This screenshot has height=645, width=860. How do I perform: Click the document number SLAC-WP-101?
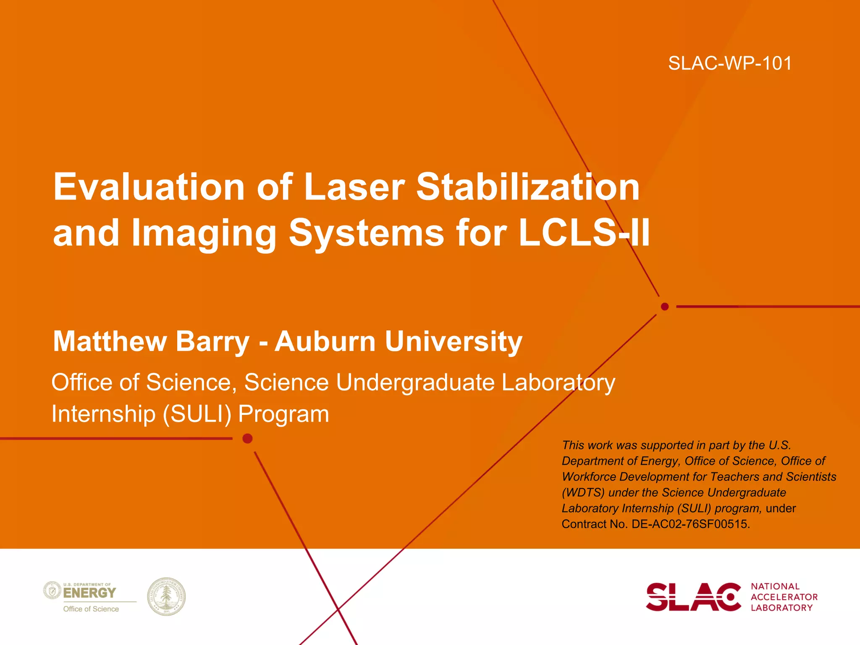730,63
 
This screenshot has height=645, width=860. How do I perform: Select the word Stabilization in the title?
528,187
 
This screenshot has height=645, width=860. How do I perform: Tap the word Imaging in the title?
204,233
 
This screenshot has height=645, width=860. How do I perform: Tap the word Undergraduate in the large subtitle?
415,383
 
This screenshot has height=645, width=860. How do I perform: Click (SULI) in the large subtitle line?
197,414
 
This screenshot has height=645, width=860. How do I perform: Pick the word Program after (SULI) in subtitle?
283,414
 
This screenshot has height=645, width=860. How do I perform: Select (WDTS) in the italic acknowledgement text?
583,493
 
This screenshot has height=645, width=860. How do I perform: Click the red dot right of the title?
665,307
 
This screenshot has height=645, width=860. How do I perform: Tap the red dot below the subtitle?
248,439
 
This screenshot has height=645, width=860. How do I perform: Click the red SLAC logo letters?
693,597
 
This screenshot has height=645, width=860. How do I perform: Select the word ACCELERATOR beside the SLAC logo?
784,597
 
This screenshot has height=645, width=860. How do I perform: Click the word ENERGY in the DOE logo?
89,593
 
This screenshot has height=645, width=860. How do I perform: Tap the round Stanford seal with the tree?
166,596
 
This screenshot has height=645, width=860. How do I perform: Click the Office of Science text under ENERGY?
91,609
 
